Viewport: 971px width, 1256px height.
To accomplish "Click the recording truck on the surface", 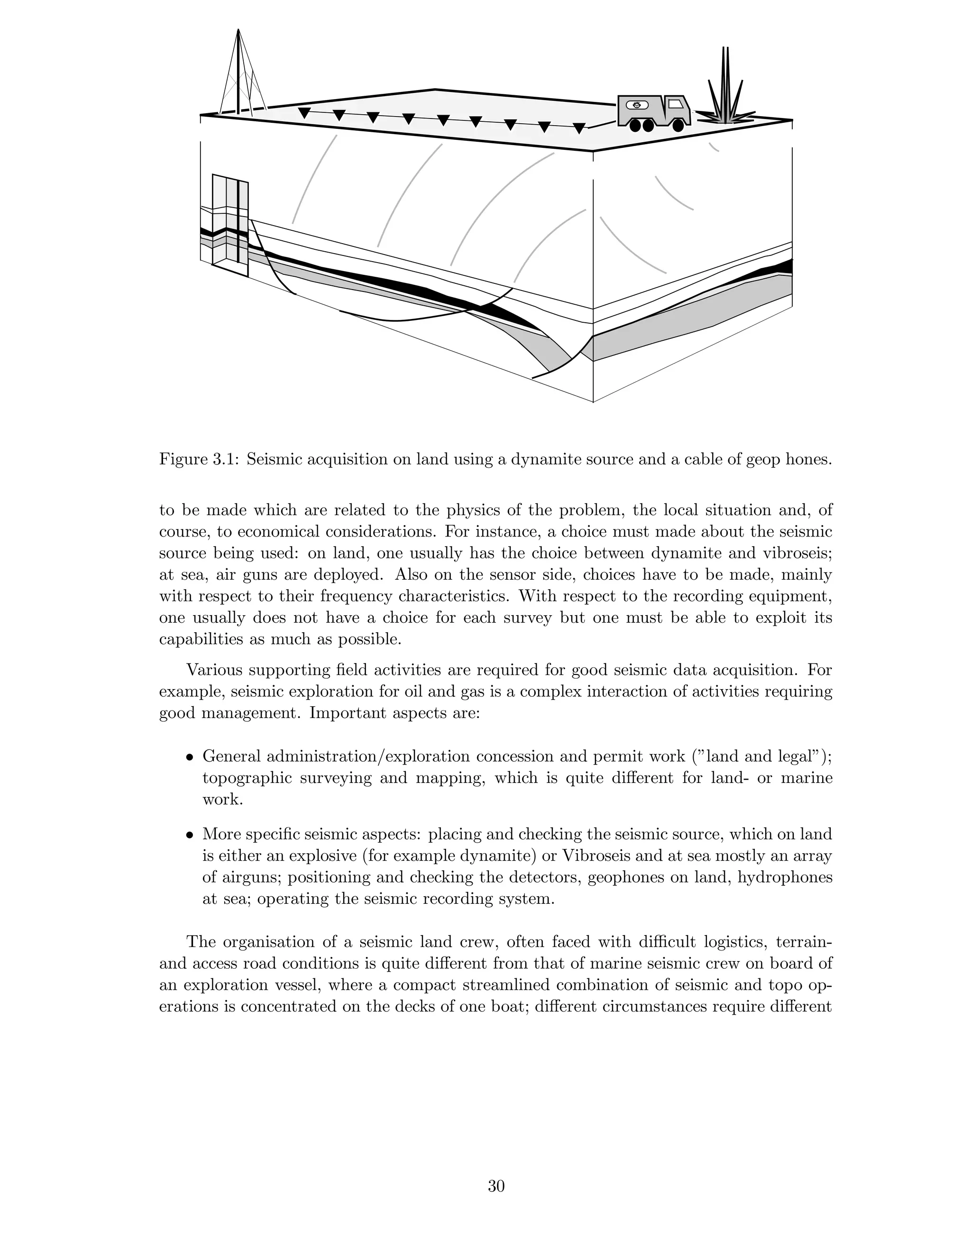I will [653, 110].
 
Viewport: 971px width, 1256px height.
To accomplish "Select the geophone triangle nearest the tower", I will [304, 113].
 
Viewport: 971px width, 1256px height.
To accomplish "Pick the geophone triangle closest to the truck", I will [579, 128].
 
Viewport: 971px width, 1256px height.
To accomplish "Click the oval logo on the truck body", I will [637, 105].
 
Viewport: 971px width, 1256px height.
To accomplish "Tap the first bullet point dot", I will [189, 757].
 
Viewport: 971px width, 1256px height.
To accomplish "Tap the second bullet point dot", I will [189, 835].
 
